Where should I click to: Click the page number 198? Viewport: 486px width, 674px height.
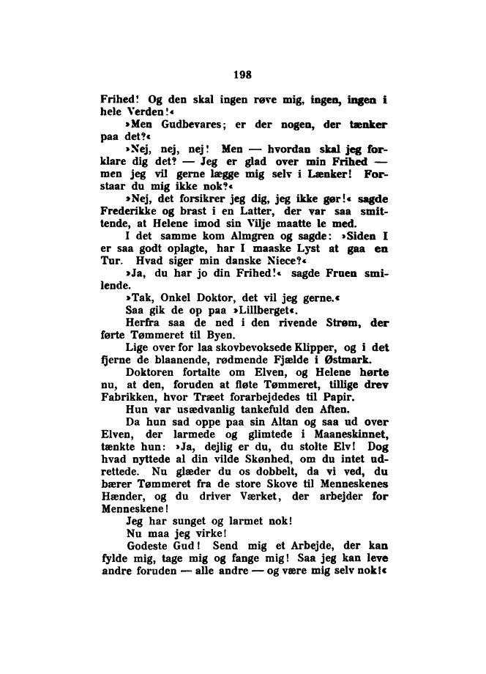click(242, 73)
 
